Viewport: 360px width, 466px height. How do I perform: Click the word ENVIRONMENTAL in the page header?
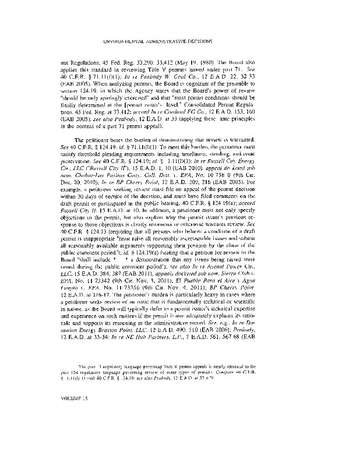(x=125, y=41)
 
